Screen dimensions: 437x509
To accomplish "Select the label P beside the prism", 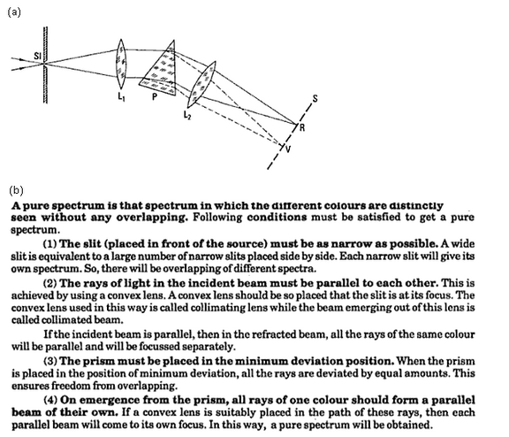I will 154,100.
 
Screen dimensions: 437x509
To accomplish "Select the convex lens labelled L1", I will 125,63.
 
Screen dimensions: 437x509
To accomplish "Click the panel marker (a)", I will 13,11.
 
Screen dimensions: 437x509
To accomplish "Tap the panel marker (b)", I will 15,189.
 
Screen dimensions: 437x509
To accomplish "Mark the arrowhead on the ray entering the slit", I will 24,61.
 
